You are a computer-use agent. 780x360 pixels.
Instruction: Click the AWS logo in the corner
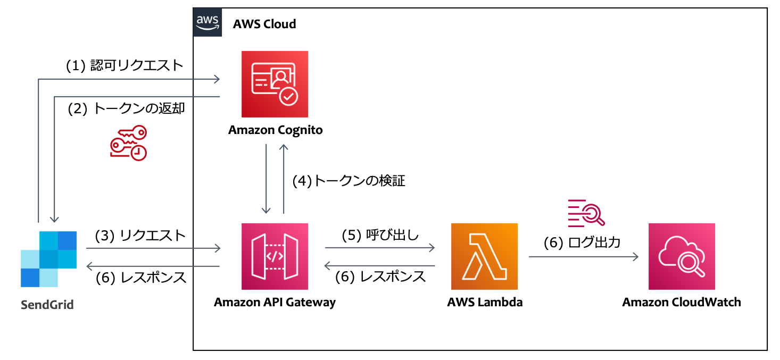tap(208, 22)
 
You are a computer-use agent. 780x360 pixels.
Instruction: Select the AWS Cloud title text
tap(264, 24)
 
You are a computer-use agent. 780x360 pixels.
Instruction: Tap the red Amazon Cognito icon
tap(275, 84)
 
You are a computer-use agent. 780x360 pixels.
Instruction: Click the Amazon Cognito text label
tap(275, 130)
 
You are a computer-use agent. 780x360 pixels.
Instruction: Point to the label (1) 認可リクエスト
tap(125, 65)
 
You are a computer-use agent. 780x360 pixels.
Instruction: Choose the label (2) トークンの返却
tap(126, 109)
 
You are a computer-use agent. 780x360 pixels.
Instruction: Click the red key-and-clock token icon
tap(128, 143)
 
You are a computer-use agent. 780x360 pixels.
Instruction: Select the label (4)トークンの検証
tap(349, 181)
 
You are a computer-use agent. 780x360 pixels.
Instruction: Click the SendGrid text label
tap(47, 305)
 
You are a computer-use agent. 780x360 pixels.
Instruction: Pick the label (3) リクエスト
tap(140, 235)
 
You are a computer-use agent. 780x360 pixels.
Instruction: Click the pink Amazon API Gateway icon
tap(275, 256)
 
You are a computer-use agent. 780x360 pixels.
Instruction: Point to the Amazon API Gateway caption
tap(275, 303)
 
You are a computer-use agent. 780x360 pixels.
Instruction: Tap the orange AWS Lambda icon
tap(484, 256)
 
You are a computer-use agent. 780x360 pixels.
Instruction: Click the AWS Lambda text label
tap(485, 303)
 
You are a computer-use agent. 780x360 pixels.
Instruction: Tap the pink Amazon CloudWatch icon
tap(682, 256)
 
